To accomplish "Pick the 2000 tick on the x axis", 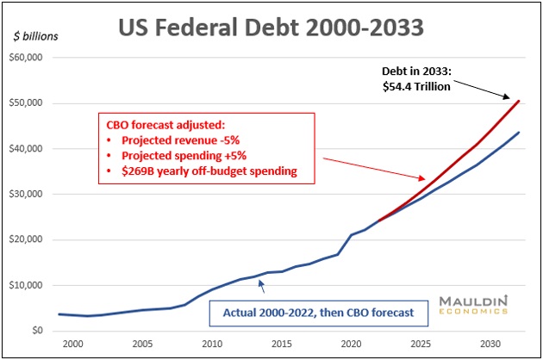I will click(73, 344).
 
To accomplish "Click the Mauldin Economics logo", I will click(474, 307).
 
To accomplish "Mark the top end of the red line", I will click(519, 101).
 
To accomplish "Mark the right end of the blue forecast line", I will click(519, 132).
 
